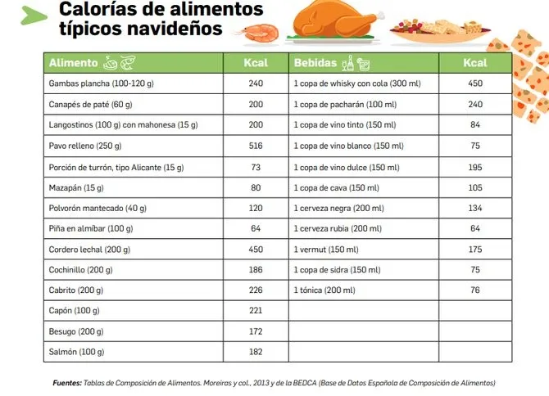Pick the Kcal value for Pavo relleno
(x=256, y=146)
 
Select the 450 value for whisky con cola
(x=474, y=84)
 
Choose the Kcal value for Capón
(x=256, y=311)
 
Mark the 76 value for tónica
(x=474, y=290)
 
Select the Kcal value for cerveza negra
(x=474, y=208)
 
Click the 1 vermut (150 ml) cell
(x=326, y=249)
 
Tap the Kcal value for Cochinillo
(x=256, y=270)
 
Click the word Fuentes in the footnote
(x=67, y=382)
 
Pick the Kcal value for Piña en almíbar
(x=256, y=228)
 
